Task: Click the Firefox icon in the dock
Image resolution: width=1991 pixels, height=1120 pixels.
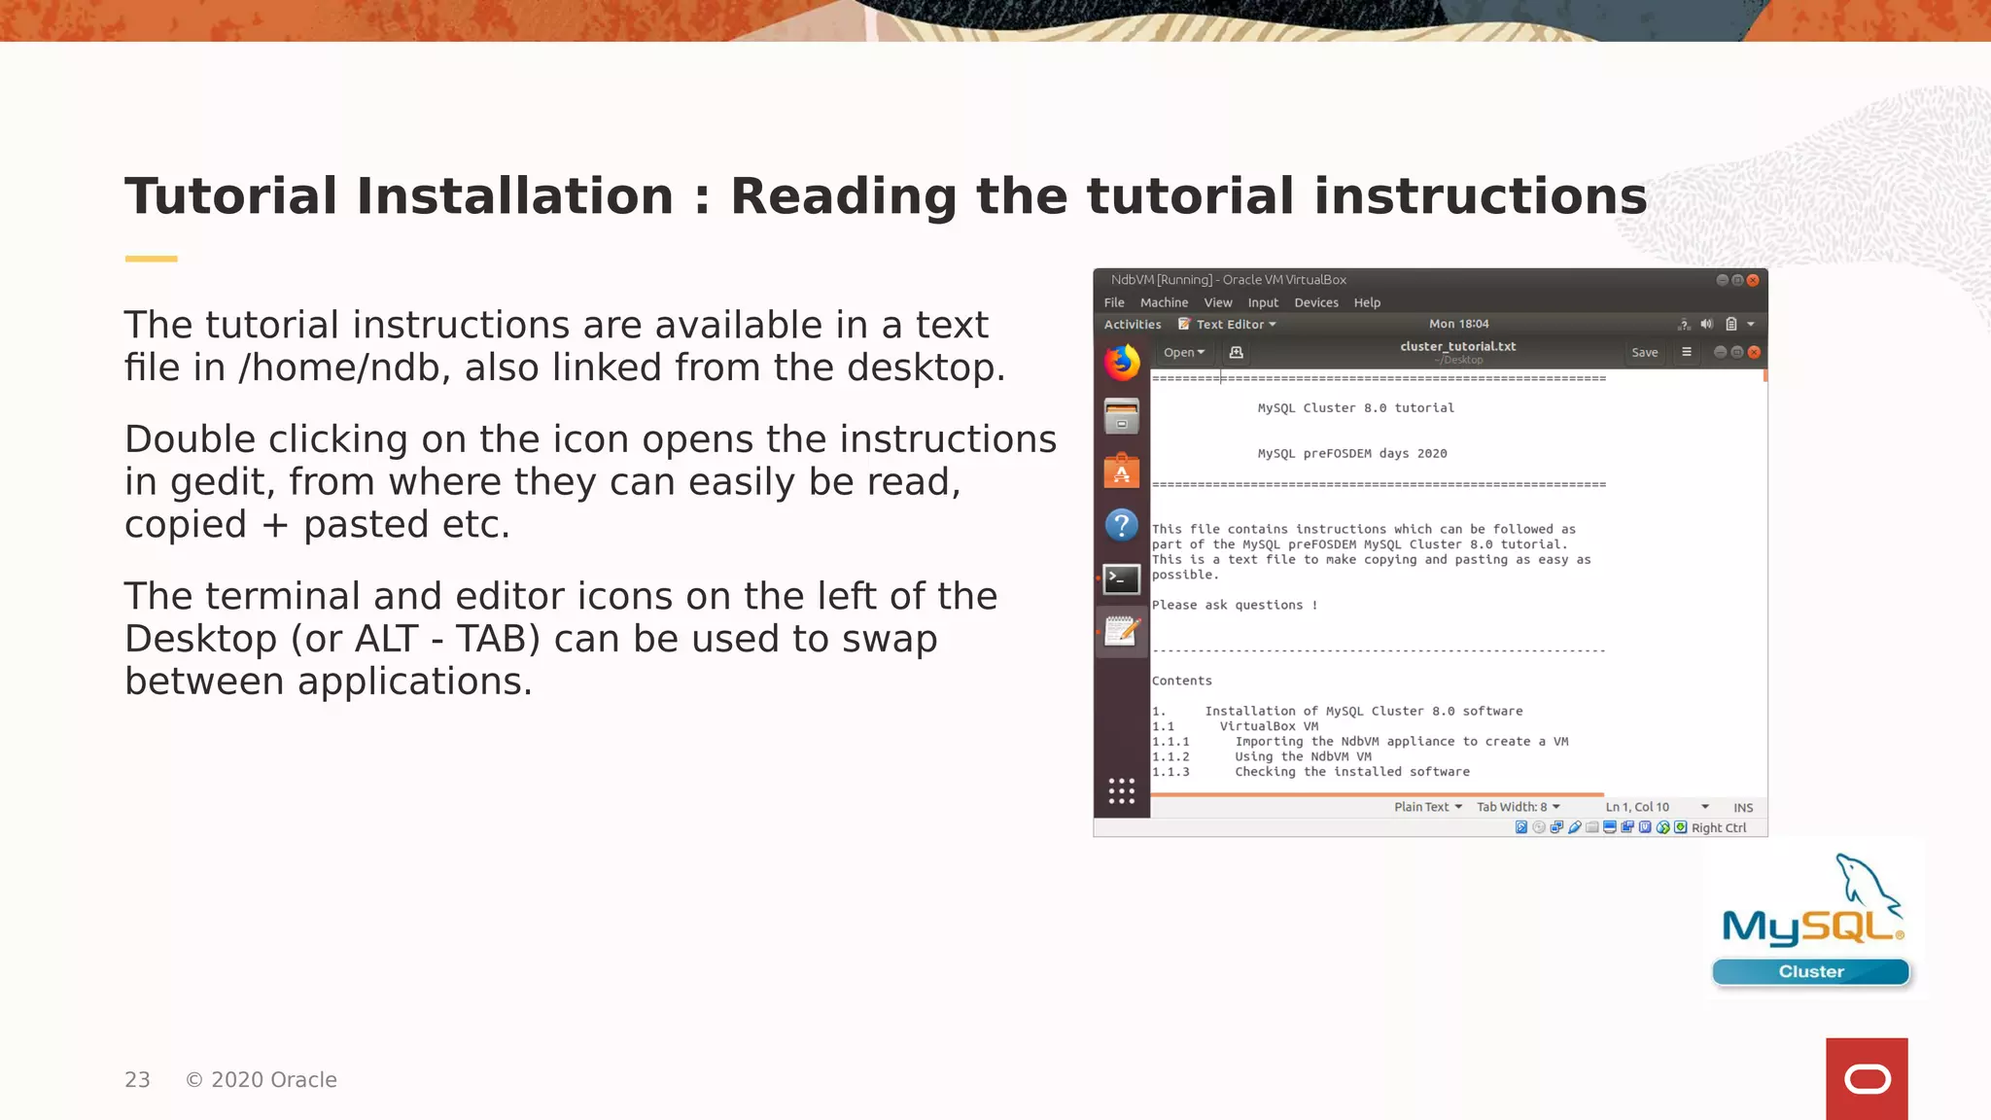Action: tap(1122, 363)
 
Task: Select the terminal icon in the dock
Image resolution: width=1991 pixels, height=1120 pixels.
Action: tap(1122, 579)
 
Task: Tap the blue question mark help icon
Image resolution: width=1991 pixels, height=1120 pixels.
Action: tap(1122, 526)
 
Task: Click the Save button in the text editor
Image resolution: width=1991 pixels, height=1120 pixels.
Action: tap(1644, 353)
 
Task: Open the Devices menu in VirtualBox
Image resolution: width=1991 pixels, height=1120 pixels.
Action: tap(1315, 303)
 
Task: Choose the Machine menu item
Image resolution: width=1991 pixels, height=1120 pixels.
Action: tap(1164, 303)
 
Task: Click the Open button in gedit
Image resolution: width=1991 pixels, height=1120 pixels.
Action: tap(1183, 353)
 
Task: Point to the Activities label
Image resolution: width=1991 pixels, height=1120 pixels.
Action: tap(1133, 325)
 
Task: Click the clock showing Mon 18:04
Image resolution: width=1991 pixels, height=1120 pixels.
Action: tap(1458, 324)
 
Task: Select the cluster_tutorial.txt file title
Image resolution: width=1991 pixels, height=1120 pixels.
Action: tap(1457, 346)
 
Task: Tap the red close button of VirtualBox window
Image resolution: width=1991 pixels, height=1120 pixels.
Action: tap(1753, 280)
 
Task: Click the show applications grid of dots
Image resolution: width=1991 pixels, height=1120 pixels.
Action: tap(1122, 790)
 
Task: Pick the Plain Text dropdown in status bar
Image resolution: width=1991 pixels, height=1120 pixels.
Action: tap(1427, 807)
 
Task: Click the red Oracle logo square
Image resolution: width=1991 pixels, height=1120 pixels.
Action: tap(1867, 1078)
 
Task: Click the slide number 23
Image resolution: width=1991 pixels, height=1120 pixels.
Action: tap(137, 1080)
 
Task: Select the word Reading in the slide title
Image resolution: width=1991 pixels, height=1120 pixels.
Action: tap(843, 197)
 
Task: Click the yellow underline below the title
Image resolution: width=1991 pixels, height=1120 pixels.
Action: tap(151, 259)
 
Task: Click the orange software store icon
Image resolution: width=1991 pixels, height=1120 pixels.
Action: tap(1122, 472)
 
